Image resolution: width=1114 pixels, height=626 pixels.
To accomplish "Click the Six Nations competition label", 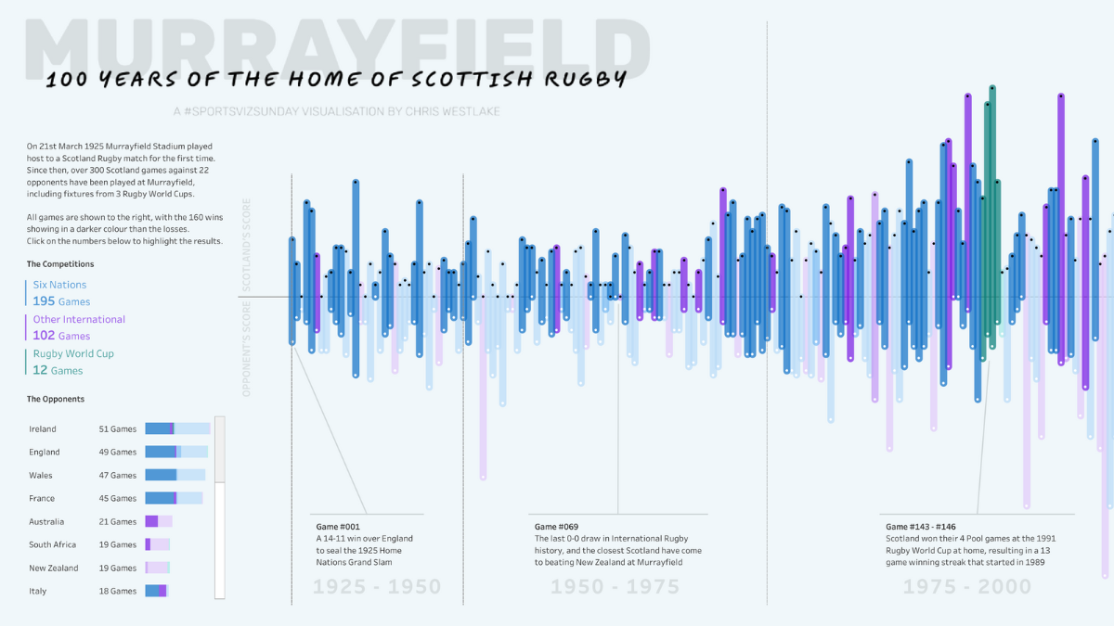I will pos(59,285).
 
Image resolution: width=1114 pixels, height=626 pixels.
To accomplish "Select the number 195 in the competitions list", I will pos(44,301).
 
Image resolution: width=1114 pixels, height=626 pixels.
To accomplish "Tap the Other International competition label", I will pos(79,319).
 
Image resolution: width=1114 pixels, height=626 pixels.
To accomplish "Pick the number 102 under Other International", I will pos(44,336).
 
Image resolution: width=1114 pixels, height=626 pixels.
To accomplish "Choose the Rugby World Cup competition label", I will pos(73,353).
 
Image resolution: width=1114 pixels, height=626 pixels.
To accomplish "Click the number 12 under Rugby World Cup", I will pos(40,370).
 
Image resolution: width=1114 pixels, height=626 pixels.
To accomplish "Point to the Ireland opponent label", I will pos(43,429).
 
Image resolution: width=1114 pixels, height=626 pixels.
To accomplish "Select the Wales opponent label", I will pos(42,475).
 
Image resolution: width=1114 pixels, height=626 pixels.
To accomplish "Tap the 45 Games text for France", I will pos(118,498).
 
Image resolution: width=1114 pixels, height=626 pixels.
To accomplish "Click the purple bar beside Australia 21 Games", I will pos(151,521).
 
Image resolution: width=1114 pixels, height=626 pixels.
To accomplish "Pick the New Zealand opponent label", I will pos(54,568).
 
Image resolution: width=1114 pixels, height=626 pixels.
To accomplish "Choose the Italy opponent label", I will pos(37,591).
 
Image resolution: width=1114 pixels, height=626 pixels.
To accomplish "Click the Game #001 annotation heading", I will pos(338,527).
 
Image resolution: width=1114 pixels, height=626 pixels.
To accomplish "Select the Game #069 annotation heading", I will pos(556,527).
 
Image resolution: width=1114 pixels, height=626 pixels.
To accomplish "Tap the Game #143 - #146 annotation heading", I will pos(922,527).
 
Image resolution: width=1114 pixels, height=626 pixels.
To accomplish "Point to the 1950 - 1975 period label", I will pos(615,587).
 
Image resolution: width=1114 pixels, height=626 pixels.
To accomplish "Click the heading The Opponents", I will pos(56,399).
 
